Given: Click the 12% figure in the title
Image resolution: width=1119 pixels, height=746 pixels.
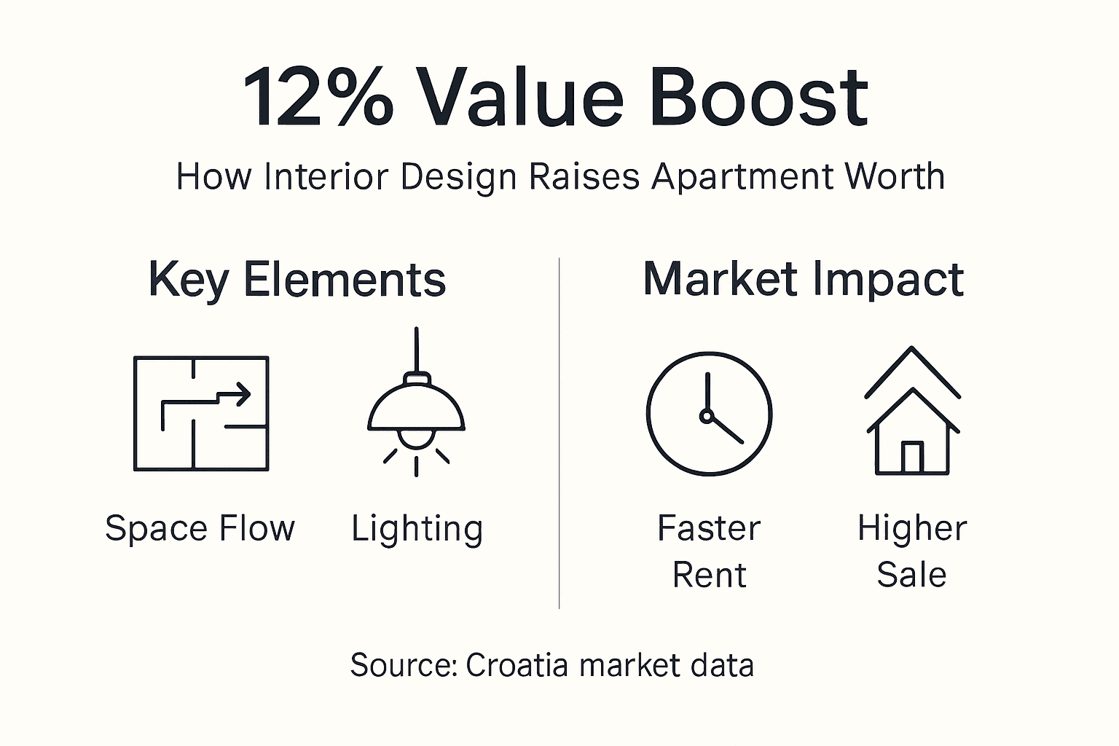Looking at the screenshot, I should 318,97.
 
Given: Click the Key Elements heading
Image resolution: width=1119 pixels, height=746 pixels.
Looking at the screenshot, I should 297,280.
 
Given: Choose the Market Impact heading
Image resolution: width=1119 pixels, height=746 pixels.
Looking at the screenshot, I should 803,280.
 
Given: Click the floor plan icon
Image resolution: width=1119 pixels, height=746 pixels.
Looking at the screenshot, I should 201,413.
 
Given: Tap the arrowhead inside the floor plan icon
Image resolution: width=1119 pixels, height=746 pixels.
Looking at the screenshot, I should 243,395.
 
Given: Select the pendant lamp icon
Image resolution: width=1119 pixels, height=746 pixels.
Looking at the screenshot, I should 416,408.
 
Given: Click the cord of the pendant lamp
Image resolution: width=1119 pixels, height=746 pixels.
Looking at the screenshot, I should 416,350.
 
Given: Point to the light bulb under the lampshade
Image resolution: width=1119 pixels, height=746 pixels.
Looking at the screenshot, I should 416,437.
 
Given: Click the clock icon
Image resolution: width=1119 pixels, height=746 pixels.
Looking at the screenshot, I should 709,414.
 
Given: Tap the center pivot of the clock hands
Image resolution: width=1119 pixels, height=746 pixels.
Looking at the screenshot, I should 705,415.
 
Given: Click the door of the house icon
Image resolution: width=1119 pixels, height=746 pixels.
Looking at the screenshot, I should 912,458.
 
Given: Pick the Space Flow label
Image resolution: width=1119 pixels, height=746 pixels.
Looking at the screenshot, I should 200,528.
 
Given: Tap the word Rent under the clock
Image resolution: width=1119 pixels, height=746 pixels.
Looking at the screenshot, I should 709,576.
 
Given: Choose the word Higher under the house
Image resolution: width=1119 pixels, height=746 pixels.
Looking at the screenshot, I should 912,528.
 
